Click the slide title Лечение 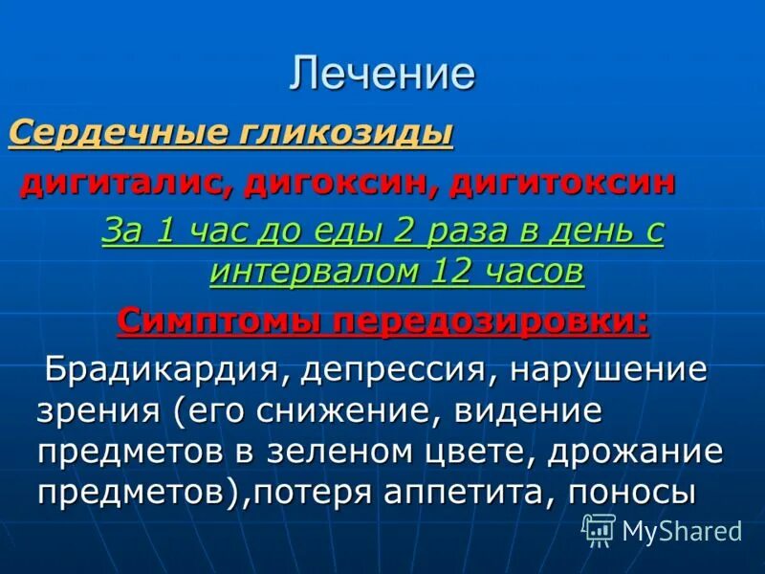[x=382, y=75]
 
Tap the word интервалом [x=307, y=273]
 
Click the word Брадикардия [x=158, y=369]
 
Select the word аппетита [x=470, y=493]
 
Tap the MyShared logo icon [x=599, y=528]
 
